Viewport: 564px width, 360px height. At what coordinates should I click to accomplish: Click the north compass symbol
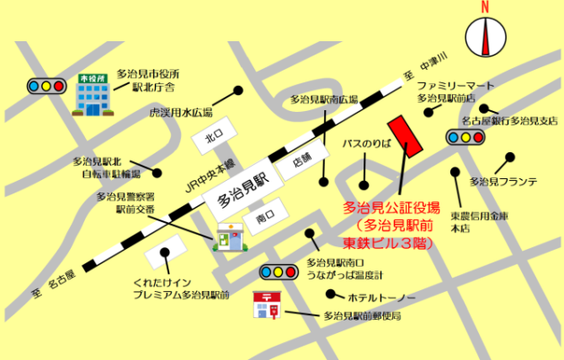(x=488, y=37)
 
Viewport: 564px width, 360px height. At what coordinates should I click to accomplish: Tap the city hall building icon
(x=90, y=95)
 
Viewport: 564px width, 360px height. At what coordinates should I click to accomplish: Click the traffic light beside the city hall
(x=44, y=86)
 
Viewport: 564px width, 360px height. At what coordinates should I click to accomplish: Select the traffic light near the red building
(x=465, y=138)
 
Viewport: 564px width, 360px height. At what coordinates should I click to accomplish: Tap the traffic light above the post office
(x=278, y=271)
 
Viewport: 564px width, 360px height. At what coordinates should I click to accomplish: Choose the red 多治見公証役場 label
(x=391, y=207)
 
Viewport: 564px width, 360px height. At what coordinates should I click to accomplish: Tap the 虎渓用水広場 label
(x=181, y=113)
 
